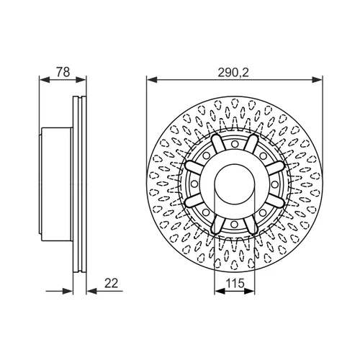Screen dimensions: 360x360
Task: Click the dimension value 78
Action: [63, 72]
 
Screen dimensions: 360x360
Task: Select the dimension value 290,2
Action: [233, 73]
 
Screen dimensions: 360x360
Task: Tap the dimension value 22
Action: [112, 283]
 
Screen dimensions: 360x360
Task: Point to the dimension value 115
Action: [235, 284]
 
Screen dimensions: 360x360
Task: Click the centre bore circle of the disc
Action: [235, 184]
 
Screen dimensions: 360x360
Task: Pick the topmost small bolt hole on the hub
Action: [235, 144]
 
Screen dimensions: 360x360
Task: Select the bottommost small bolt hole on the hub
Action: [235, 225]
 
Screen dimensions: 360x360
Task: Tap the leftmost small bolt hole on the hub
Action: [194, 184]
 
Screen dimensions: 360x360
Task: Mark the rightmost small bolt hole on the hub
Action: [274, 184]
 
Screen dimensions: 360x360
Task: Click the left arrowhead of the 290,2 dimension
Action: [152, 79]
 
